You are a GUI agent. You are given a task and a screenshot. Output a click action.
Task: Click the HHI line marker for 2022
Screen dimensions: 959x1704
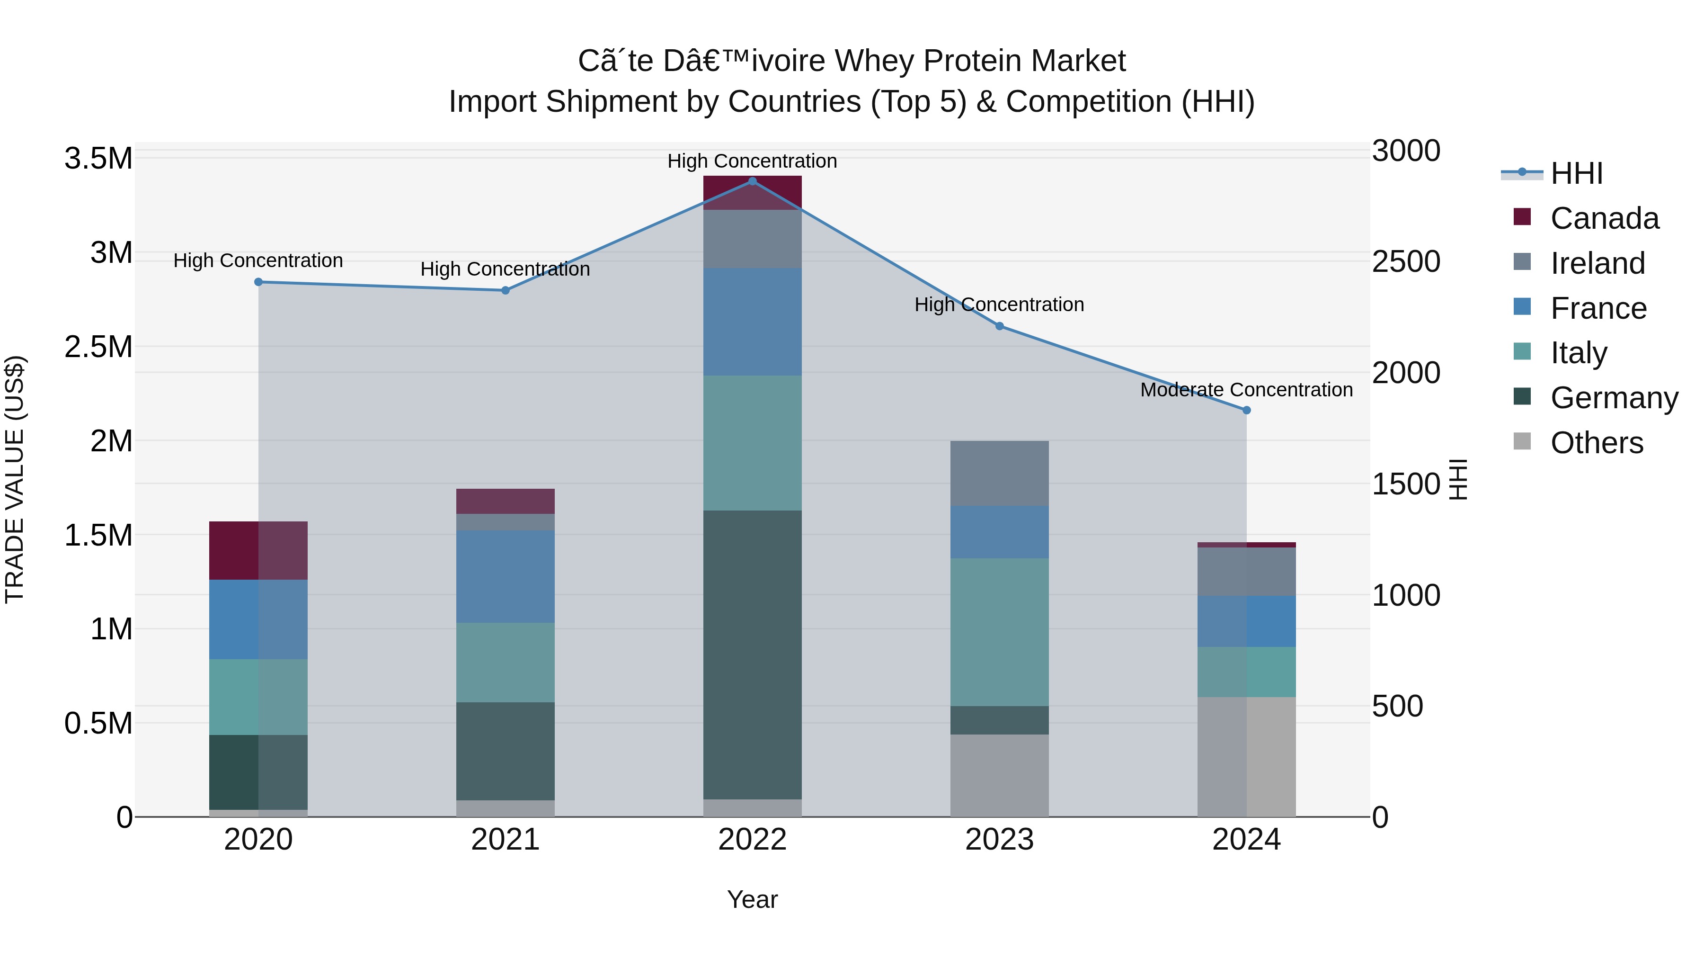[x=752, y=181]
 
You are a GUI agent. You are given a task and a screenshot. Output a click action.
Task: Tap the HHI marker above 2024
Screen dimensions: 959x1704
[x=1246, y=410]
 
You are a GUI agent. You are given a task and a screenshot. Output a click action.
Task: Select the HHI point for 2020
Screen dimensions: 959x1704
[x=258, y=282]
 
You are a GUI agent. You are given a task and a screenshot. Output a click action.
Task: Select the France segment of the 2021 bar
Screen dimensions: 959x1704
[x=506, y=576]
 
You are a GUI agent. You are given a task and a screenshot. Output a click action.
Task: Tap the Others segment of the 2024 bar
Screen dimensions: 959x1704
[x=1246, y=756]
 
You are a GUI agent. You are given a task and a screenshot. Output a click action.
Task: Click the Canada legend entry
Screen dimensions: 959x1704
[x=1604, y=218]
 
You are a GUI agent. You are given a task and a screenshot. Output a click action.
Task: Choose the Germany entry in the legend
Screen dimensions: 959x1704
[x=1614, y=398]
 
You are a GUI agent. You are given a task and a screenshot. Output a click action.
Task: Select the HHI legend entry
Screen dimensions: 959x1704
[x=1576, y=173]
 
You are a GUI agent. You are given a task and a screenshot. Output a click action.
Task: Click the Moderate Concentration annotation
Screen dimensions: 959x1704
[x=1246, y=390]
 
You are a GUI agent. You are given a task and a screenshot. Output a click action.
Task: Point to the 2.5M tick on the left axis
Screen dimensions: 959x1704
[x=98, y=347]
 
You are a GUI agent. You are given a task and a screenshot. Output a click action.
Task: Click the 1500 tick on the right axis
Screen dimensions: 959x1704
[x=1406, y=484]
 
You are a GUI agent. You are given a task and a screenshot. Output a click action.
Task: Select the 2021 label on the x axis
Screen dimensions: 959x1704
[x=506, y=840]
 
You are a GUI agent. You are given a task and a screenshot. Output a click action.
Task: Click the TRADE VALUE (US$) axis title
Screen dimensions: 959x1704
[x=15, y=479]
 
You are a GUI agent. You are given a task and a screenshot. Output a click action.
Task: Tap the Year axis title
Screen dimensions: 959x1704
[x=752, y=899]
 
